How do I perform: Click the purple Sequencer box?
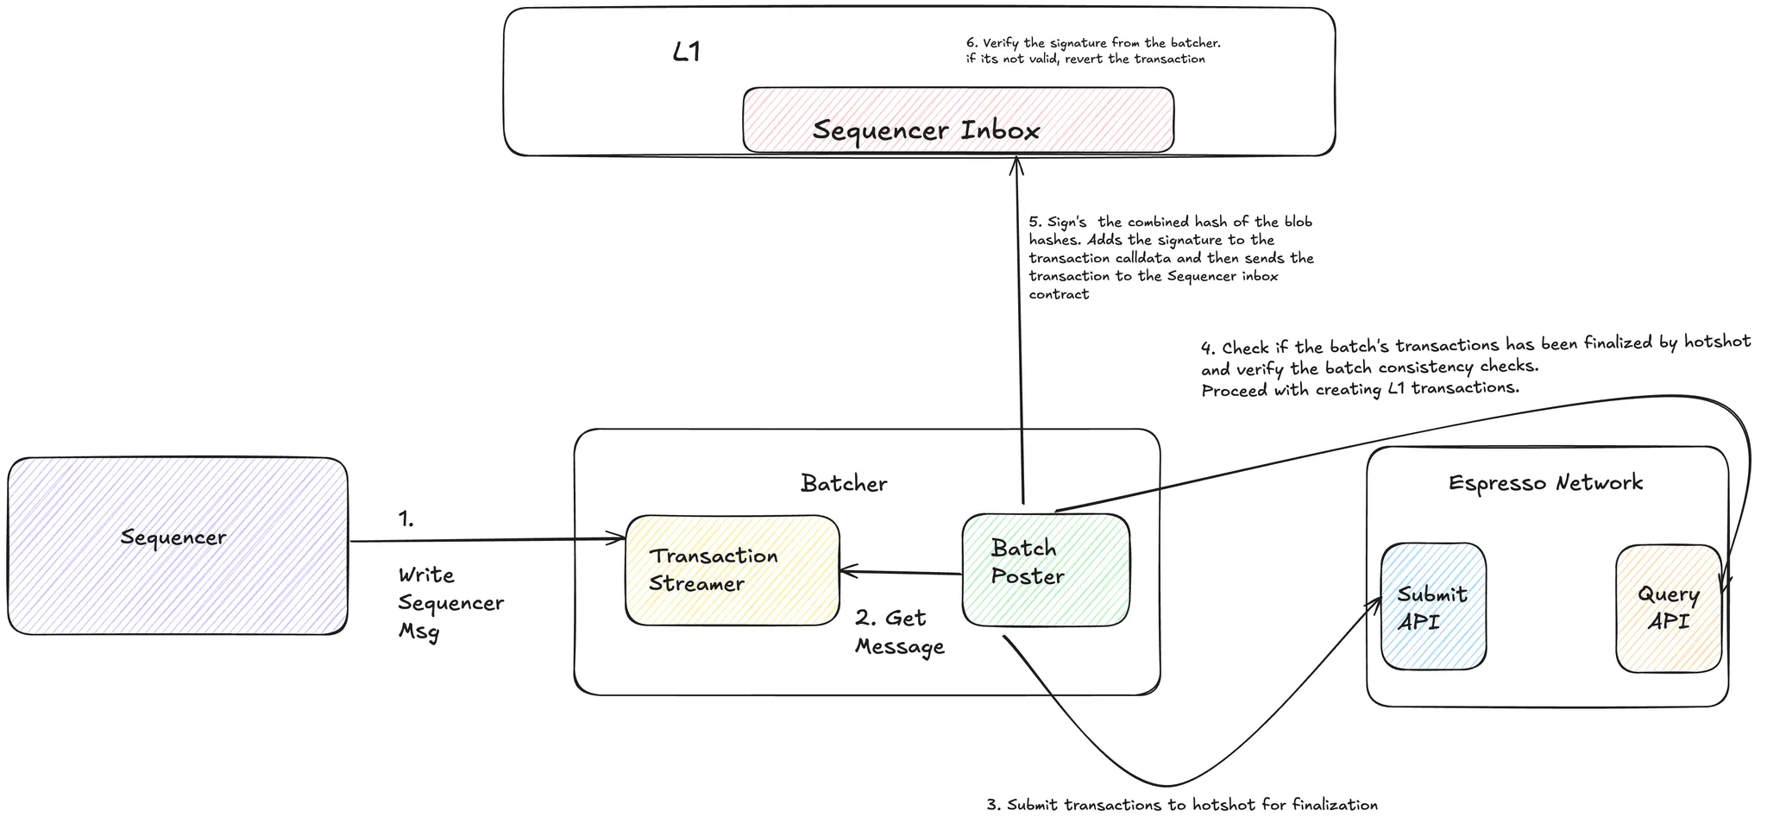click(177, 545)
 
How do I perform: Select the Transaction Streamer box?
click(732, 569)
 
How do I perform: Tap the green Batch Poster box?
click(1045, 569)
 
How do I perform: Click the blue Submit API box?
click(1432, 606)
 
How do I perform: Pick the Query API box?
click(1668, 607)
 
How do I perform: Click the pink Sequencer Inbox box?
click(958, 120)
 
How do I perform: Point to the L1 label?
click(686, 53)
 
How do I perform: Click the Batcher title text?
click(843, 483)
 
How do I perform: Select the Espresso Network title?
click(1545, 482)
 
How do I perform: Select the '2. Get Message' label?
click(899, 631)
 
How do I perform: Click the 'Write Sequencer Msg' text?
click(450, 602)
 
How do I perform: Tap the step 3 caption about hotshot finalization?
click(1182, 805)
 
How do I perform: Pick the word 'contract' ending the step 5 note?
click(1059, 294)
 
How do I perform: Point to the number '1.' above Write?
click(406, 519)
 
